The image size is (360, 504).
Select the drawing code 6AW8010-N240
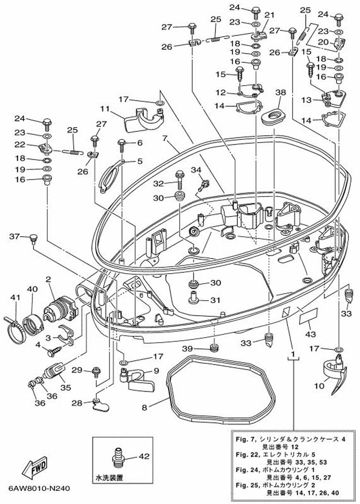click(39, 489)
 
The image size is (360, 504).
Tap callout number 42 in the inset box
click(145, 456)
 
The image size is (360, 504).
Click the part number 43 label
click(310, 334)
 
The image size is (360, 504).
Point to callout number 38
click(281, 93)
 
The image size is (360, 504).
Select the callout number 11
click(105, 108)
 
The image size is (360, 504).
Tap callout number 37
click(14, 236)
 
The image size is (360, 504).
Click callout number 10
click(318, 386)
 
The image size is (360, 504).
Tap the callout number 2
click(49, 279)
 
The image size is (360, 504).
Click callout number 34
click(196, 170)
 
